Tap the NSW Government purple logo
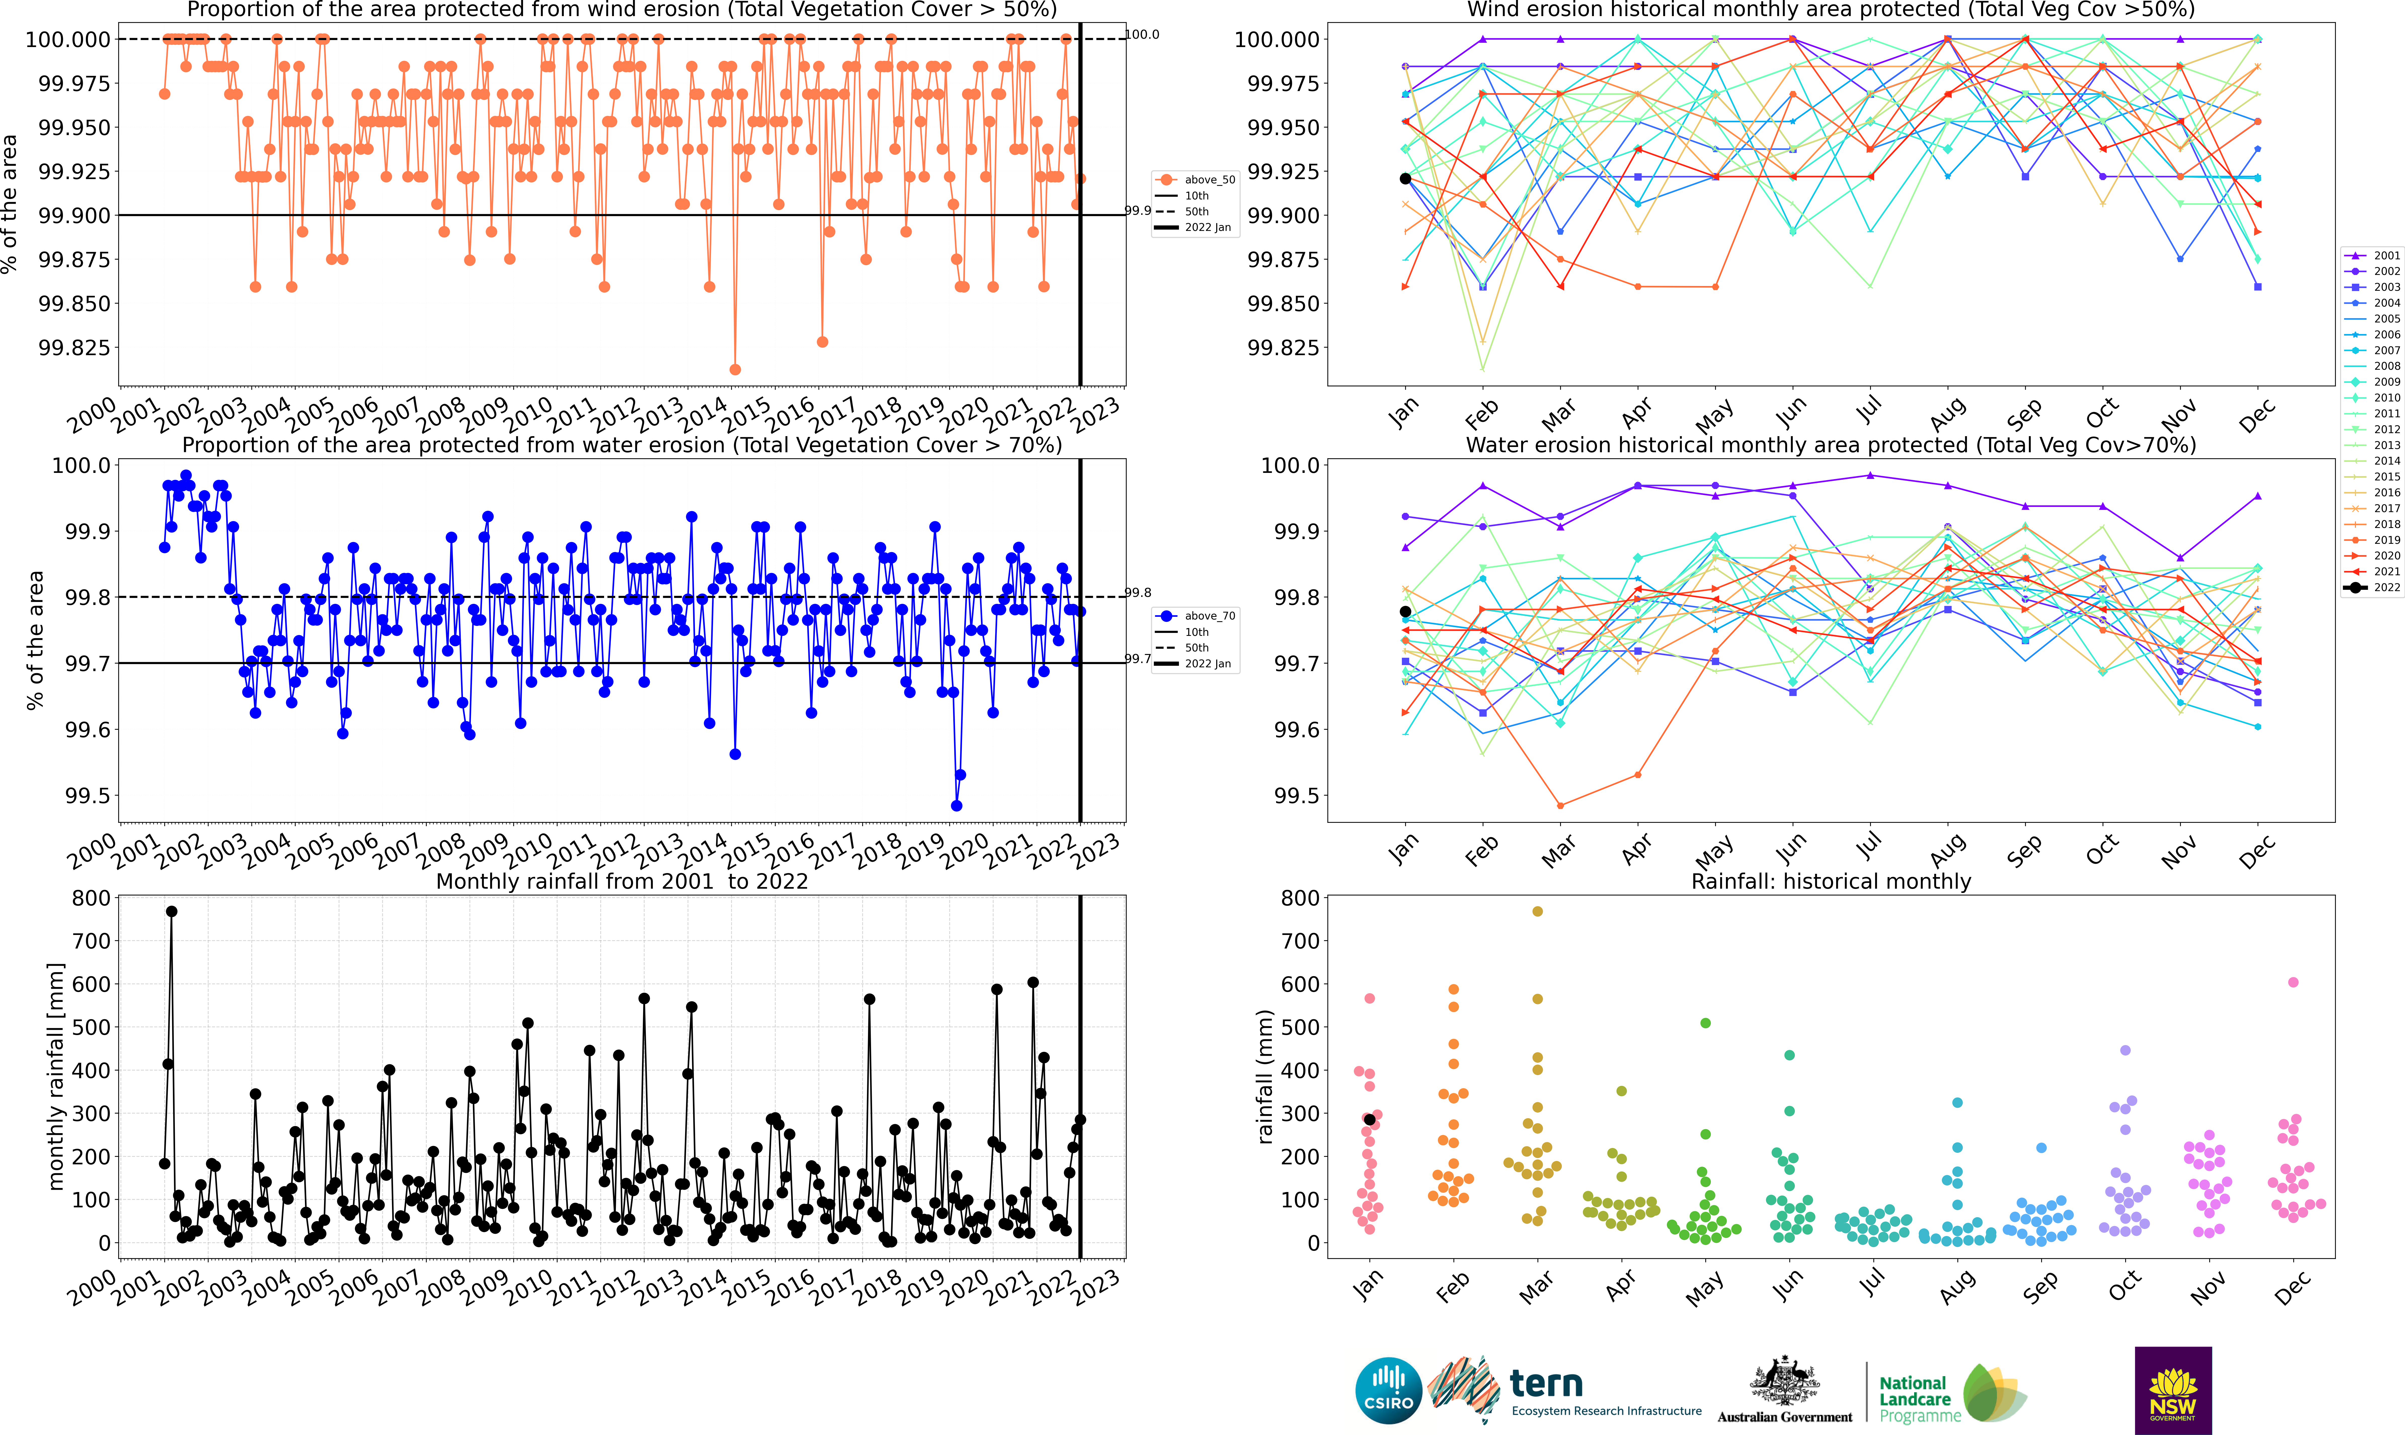click(x=2173, y=1390)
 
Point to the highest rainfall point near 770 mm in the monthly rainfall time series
click(x=171, y=911)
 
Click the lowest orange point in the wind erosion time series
click(x=735, y=370)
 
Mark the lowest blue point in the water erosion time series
click(x=956, y=805)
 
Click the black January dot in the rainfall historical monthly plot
click(x=1369, y=1120)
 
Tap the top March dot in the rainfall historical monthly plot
click(x=1537, y=911)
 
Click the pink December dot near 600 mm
click(x=2293, y=982)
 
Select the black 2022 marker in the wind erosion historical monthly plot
click(x=1405, y=179)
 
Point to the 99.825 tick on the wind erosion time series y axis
click(x=73, y=347)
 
